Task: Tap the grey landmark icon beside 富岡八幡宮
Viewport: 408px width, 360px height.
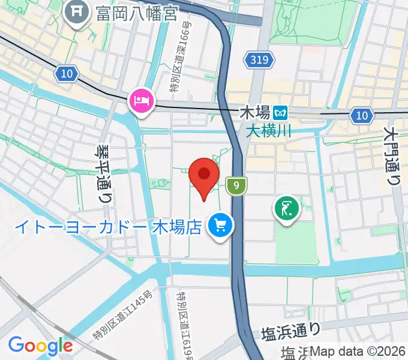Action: pyautogui.click(x=77, y=12)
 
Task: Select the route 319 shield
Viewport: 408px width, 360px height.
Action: pyautogui.click(x=259, y=59)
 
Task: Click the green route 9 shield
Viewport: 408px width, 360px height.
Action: pyautogui.click(x=237, y=187)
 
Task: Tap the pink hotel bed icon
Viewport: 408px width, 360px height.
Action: pyautogui.click(x=142, y=99)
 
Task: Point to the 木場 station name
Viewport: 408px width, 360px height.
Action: pyautogui.click(x=254, y=112)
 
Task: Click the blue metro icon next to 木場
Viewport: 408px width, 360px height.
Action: pyautogui.click(x=280, y=112)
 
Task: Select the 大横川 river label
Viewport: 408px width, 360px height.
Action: pyautogui.click(x=268, y=129)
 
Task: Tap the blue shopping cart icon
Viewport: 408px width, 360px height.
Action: pyautogui.click(x=220, y=226)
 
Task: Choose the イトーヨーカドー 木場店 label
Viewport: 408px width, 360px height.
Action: pyautogui.click(x=107, y=227)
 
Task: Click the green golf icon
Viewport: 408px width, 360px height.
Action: pyautogui.click(x=286, y=209)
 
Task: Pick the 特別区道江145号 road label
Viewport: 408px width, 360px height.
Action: pyautogui.click(x=123, y=321)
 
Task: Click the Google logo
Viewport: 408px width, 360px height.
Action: pyautogui.click(x=40, y=346)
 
